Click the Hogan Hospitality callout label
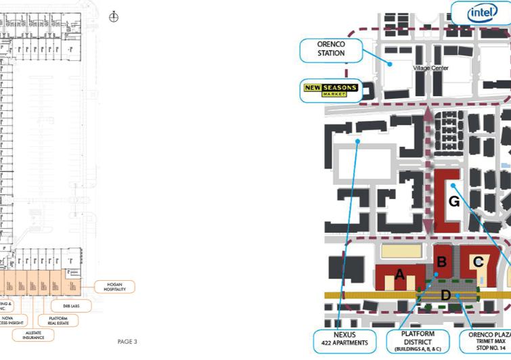(x=114, y=286)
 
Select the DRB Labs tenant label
(x=70, y=306)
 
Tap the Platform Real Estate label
(x=52, y=319)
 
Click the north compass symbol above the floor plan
(x=114, y=16)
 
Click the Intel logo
(x=483, y=12)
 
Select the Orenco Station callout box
(x=331, y=48)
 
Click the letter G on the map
(x=454, y=202)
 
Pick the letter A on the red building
(x=399, y=274)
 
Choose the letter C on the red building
(x=478, y=261)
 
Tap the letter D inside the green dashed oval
(x=445, y=294)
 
